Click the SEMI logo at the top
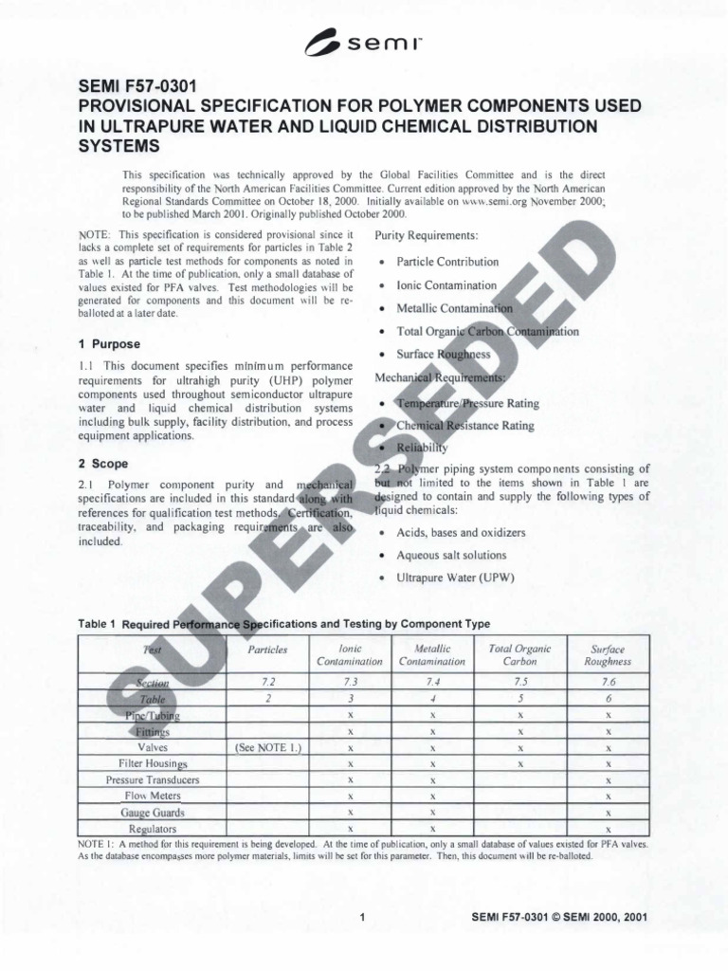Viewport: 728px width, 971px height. pos(363,41)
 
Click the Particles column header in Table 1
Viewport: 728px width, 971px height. pos(267,650)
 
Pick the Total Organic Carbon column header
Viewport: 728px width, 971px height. pos(519,654)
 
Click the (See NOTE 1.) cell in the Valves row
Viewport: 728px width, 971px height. pos(267,747)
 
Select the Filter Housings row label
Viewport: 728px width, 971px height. pos(153,763)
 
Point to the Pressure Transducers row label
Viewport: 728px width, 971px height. pos(153,779)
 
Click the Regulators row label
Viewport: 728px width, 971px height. pos(153,829)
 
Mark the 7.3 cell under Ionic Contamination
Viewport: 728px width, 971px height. pos(350,682)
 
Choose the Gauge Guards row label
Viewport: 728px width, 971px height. pos(153,813)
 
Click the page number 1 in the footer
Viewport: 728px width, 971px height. pos(363,918)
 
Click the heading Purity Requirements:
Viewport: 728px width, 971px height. pos(427,234)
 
